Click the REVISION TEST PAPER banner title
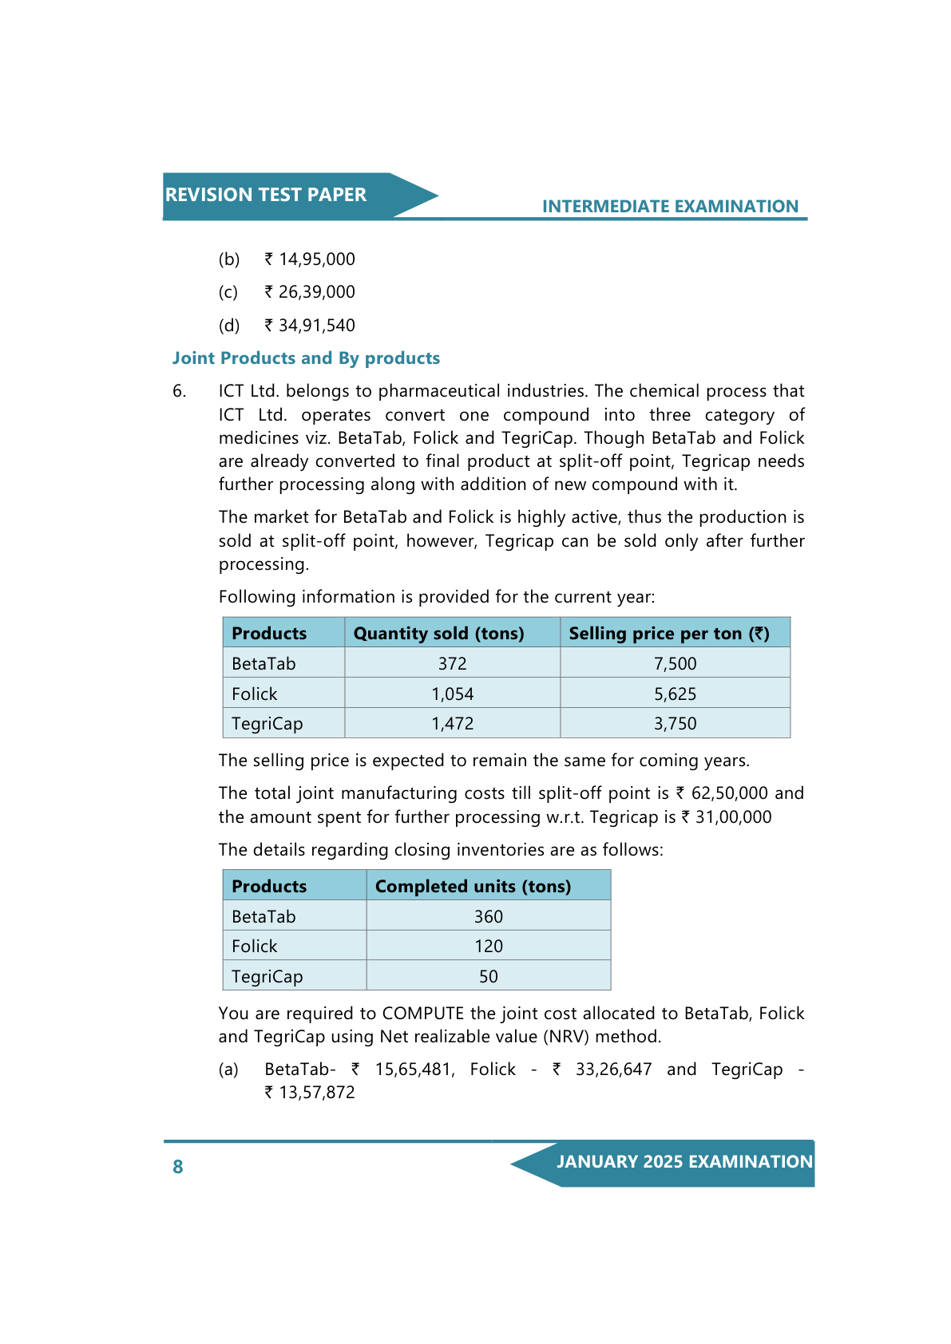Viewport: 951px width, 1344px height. (x=265, y=195)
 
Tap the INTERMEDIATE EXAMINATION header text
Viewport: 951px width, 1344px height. (x=670, y=207)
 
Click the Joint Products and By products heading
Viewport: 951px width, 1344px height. (x=306, y=358)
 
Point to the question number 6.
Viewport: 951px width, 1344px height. (x=179, y=391)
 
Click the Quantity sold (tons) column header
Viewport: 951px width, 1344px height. (x=438, y=634)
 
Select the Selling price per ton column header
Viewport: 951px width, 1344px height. (x=668, y=634)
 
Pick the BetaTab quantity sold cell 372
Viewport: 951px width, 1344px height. (x=452, y=664)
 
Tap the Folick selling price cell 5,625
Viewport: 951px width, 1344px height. (x=675, y=694)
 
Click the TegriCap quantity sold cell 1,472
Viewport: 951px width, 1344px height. (x=452, y=724)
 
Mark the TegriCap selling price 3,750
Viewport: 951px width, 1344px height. (x=675, y=724)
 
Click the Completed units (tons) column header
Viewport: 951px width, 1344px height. (x=473, y=887)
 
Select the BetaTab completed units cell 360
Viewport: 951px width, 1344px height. (x=488, y=917)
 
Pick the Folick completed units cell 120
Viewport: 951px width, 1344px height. (x=488, y=947)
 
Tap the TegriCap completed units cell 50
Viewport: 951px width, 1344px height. (x=488, y=977)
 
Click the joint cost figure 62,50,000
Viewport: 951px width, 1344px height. (x=729, y=793)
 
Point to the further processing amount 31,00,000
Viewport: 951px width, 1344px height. (x=733, y=817)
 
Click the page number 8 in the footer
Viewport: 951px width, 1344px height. (x=178, y=1167)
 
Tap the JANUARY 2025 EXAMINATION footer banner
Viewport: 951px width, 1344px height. (x=684, y=1162)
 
